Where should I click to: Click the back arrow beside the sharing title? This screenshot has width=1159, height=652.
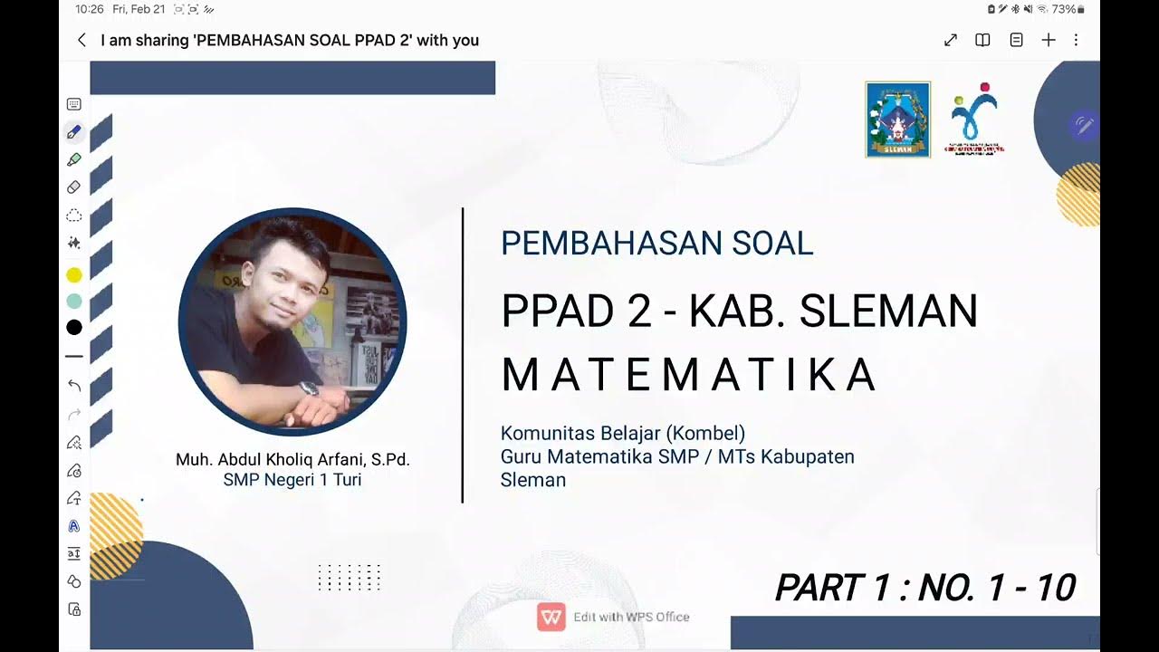[x=81, y=40]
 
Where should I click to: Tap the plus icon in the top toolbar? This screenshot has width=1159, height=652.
[x=1049, y=40]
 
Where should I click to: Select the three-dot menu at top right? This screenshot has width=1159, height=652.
[x=1076, y=40]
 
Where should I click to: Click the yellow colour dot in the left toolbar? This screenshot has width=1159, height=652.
[x=74, y=275]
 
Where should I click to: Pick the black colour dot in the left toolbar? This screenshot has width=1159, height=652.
[x=74, y=327]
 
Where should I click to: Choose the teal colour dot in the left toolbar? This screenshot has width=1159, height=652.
[x=74, y=301]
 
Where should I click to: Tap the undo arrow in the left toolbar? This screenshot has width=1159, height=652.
[x=74, y=386]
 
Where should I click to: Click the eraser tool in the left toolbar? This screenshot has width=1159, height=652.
[x=74, y=187]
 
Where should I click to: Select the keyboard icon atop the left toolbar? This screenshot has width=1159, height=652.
[x=74, y=105]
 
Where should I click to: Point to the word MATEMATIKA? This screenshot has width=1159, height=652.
[x=688, y=375]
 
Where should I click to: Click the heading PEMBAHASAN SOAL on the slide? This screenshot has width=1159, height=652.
[x=656, y=243]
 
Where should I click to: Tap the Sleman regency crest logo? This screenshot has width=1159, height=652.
[x=897, y=120]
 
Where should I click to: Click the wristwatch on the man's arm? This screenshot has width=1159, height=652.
[x=310, y=388]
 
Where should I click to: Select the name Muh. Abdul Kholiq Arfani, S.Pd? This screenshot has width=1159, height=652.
[x=292, y=460]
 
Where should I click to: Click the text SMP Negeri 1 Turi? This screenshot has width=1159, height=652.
[x=292, y=480]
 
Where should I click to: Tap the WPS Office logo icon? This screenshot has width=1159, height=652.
[x=551, y=617]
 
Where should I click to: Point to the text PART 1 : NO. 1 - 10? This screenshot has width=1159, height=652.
[x=924, y=589]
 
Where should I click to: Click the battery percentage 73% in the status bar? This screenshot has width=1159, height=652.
[x=1063, y=9]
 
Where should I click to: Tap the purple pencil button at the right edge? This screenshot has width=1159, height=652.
[x=1083, y=125]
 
